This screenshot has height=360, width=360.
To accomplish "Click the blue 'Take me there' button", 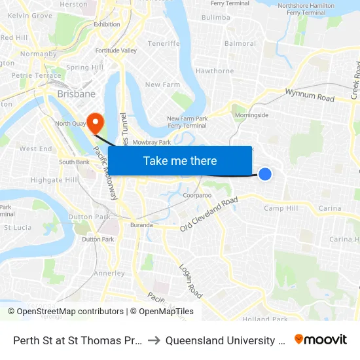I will pyautogui.click(x=180, y=161).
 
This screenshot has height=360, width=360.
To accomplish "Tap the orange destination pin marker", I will pyautogui.click(x=96, y=122).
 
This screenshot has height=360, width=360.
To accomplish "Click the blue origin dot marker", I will pyautogui.click(x=265, y=173).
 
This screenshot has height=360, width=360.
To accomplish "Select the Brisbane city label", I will pyautogui.click(x=76, y=94).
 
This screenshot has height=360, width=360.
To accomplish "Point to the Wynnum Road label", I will pyautogui.click(x=310, y=96).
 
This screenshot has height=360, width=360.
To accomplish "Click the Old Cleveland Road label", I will pyautogui.click(x=209, y=214).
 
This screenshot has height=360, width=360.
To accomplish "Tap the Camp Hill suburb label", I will pyautogui.click(x=281, y=208).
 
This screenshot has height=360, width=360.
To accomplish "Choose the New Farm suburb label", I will pyautogui.click(x=162, y=84).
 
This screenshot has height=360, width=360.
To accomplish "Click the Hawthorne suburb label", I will pyautogui.click(x=215, y=71).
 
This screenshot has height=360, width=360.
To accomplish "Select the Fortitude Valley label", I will pyautogui.click(x=116, y=50).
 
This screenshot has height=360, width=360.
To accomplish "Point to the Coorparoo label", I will pyautogui.click(x=197, y=195).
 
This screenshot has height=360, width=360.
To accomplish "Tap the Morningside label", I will pyautogui.click(x=251, y=115).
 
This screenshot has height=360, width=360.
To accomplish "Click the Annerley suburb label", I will pyautogui.click(x=109, y=273).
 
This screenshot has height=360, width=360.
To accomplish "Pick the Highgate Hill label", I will pyautogui.click(x=54, y=179).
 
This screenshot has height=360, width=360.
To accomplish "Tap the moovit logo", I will pyautogui.click(x=321, y=339).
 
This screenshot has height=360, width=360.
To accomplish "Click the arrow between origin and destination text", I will pyautogui.click(x=153, y=340).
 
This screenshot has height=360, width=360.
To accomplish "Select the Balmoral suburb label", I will pyautogui.click(x=240, y=44).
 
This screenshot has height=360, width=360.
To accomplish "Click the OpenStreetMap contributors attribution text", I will pyautogui.click(x=66, y=312).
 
